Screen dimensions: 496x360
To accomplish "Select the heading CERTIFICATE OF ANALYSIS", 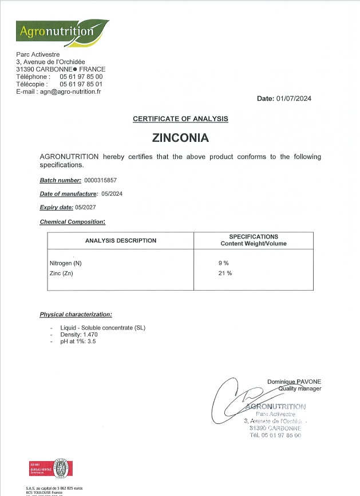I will (x=180, y=118).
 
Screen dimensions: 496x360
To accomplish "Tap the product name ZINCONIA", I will (x=180, y=138).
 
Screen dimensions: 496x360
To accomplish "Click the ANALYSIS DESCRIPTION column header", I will (x=120, y=240).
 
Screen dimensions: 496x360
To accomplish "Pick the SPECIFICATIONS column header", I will (x=254, y=240).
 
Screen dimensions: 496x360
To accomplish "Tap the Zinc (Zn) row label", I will (x=62, y=274).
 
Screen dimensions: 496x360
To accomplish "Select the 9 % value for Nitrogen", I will (x=223, y=263).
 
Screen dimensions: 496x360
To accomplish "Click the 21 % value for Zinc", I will (x=224, y=273).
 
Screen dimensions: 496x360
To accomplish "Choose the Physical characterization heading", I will (x=76, y=315).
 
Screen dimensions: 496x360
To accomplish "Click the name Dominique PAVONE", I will (x=294, y=382).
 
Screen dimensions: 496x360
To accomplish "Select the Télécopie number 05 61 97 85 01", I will (x=85, y=84).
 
